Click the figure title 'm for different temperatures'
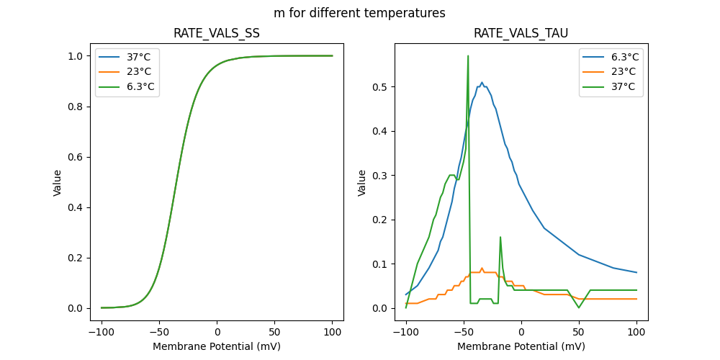pos(359,13)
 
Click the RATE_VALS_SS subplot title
pos(217,33)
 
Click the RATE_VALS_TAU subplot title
pos(521,33)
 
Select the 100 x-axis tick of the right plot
pos(636,333)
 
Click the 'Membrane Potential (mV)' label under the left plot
pos(217,346)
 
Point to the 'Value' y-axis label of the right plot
pos(362,183)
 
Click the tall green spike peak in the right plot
pos(468,55)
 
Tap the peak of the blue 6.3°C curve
pos(482,83)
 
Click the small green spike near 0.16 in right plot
pos(500,237)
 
